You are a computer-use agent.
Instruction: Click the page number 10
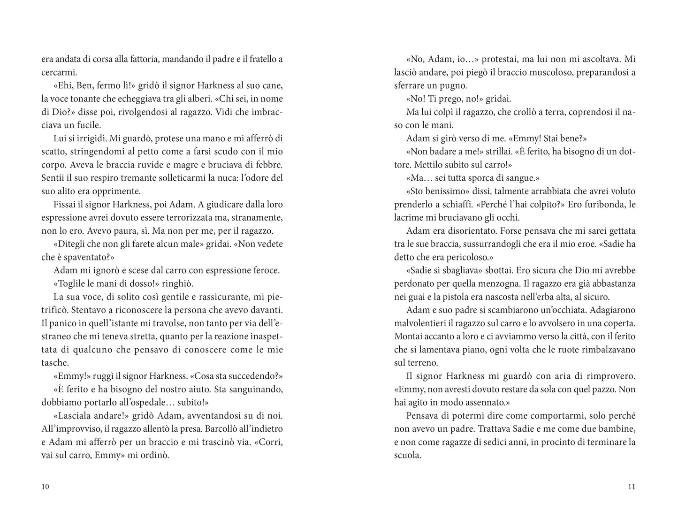(x=45, y=487)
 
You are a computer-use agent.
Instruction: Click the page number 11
(x=631, y=487)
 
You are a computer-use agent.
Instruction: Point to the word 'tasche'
(x=53, y=363)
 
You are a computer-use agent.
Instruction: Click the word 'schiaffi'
(x=449, y=205)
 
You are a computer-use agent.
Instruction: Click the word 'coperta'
(x=620, y=323)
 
